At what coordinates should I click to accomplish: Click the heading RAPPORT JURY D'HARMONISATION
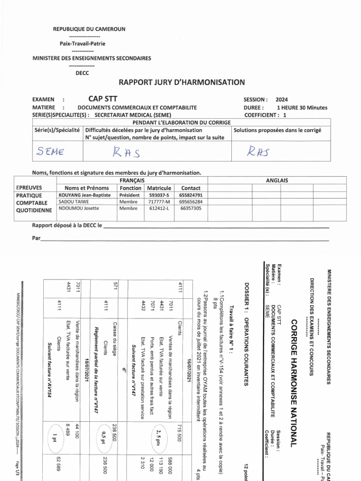coord(181,82)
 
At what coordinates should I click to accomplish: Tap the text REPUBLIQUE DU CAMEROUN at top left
coord(89,29)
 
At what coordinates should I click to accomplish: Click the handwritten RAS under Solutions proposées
coord(259,150)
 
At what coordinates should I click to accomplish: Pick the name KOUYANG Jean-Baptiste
coord(85,195)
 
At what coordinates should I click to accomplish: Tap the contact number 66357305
coord(191,208)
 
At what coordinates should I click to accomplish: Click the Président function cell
coord(129,195)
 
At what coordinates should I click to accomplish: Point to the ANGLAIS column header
coord(277,180)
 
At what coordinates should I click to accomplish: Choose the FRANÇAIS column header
coord(132,180)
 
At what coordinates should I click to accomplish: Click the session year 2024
coord(282,100)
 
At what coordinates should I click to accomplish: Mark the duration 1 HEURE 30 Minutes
coord(302,107)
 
